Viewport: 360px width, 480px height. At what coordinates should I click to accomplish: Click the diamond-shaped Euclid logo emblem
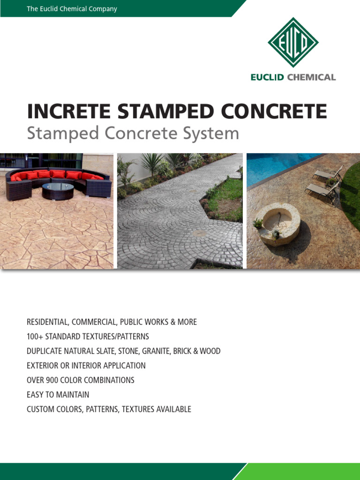[x=293, y=42]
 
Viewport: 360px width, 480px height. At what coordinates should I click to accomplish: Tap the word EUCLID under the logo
[x=267, y=77]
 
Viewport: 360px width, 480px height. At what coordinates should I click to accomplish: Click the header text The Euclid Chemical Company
[x=72, y=9]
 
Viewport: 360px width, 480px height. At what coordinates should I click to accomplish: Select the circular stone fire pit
[x=277, y=223]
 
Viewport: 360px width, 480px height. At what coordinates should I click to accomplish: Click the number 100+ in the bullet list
[x=36, y=337]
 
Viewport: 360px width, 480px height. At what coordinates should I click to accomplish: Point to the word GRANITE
[x=158, y=351]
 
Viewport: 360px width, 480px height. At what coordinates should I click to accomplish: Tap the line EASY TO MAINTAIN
[x=58, y=395]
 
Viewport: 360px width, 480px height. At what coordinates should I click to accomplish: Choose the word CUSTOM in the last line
[x=40, y=409]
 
